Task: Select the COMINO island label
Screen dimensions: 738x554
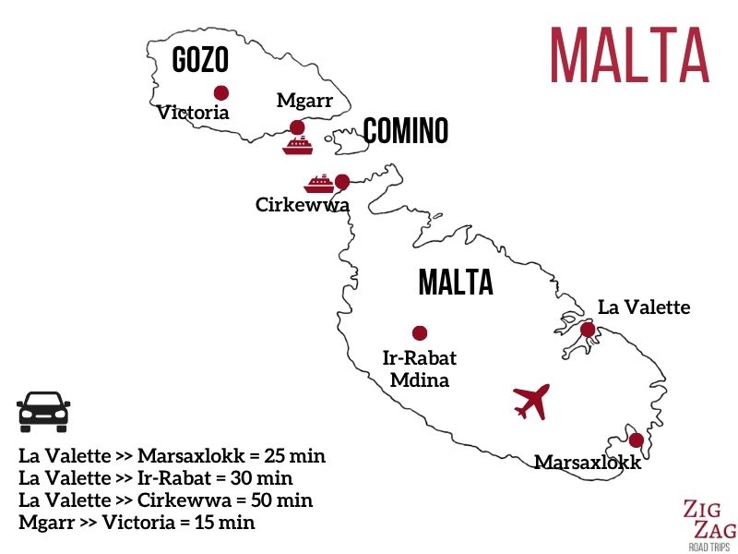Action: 405,131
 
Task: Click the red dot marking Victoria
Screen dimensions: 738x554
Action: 220,92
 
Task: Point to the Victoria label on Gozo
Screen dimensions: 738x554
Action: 193,114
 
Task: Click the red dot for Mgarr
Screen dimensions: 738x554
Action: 297,127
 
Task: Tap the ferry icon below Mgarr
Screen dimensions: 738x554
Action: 298,147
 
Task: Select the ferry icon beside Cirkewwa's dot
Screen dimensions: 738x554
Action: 318,183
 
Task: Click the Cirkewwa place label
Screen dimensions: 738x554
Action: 303,205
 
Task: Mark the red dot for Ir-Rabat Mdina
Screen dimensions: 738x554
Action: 420,333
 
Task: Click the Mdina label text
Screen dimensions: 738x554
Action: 419,379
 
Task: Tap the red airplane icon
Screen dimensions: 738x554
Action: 531,401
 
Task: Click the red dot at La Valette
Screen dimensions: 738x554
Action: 588,329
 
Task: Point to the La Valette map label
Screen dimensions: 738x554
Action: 643,307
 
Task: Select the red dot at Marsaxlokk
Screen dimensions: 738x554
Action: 636,440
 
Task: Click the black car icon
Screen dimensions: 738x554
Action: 43,412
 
